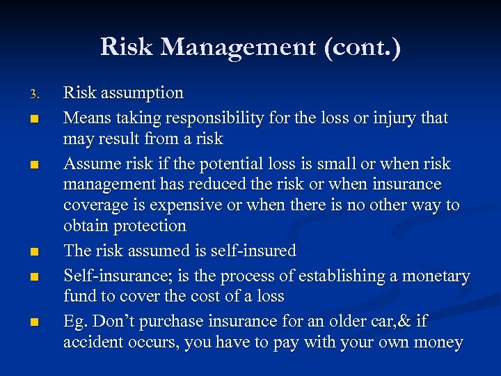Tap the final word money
(439, 343)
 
